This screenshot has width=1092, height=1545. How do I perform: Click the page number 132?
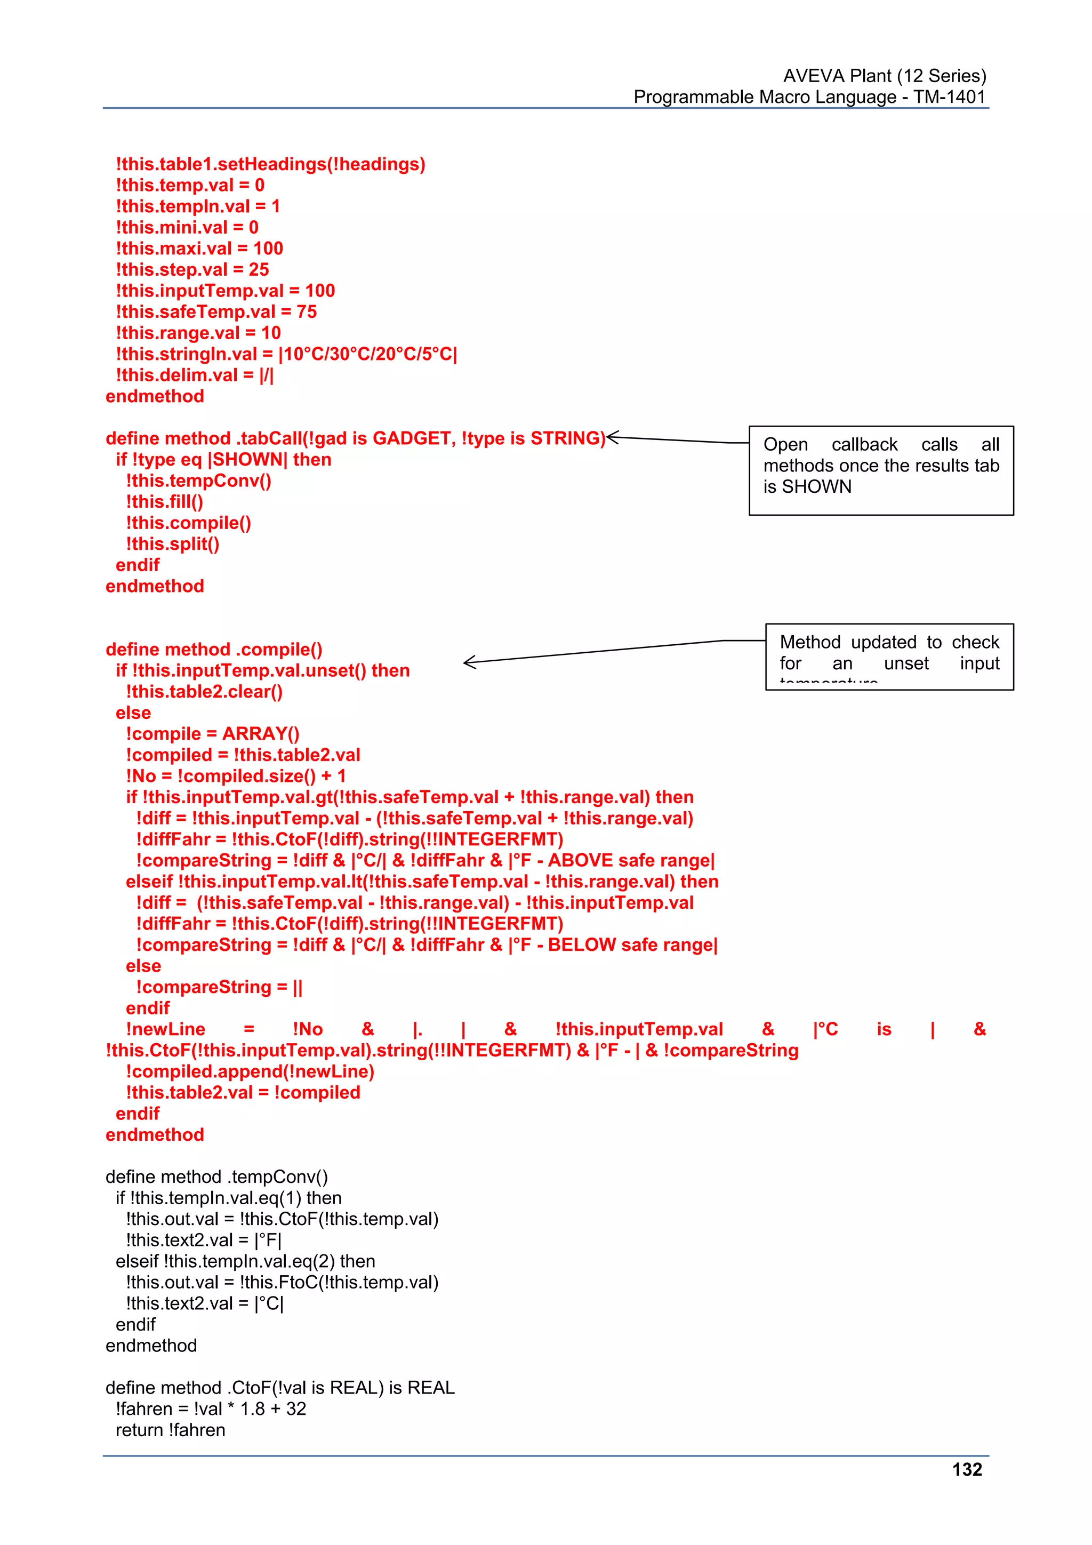967,1470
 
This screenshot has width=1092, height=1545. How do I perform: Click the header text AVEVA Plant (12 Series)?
884,75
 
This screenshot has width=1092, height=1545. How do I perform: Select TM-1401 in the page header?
949,97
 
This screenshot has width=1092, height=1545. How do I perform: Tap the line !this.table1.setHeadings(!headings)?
270,164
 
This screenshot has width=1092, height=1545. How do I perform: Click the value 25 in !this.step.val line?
259,270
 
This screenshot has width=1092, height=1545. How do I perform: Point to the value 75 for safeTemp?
306,311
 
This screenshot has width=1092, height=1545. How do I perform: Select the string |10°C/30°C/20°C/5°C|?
367,354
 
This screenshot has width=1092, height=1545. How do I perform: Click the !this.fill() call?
164,502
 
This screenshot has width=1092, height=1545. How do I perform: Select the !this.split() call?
172,544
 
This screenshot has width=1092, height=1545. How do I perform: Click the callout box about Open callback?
881,470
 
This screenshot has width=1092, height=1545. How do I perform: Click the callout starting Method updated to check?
889,656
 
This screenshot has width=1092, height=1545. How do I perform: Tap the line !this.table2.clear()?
204,692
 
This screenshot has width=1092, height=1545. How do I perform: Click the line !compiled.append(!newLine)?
250,1071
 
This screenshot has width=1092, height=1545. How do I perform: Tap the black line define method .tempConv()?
216,1177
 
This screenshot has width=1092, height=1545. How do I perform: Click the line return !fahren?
170,1430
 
